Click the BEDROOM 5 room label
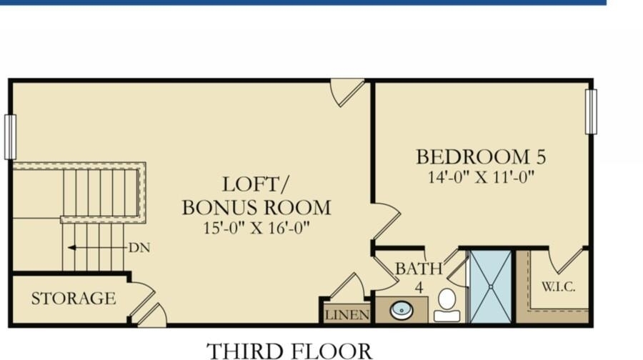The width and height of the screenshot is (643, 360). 481,156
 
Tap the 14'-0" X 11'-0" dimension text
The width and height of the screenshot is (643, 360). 481,177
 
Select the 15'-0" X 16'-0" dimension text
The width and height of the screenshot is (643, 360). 256,228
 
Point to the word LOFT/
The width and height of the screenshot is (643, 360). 255,184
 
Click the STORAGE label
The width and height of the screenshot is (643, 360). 74,298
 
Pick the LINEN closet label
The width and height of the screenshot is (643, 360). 347,315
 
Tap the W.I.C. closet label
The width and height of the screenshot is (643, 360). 559,286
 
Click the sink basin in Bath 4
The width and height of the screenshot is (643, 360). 402,310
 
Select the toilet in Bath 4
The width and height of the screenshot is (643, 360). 447,305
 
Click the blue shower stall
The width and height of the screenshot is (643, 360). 490,286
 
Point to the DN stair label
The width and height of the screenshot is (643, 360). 139,248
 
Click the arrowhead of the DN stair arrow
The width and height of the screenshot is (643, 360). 71,248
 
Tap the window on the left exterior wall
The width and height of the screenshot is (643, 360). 10,137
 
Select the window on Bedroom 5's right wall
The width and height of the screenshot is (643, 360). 591,111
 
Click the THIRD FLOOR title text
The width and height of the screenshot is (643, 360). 289,351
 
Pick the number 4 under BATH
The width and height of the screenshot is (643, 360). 419,287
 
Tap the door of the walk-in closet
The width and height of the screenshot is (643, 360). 567,262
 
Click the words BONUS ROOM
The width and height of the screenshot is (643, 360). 256,207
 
